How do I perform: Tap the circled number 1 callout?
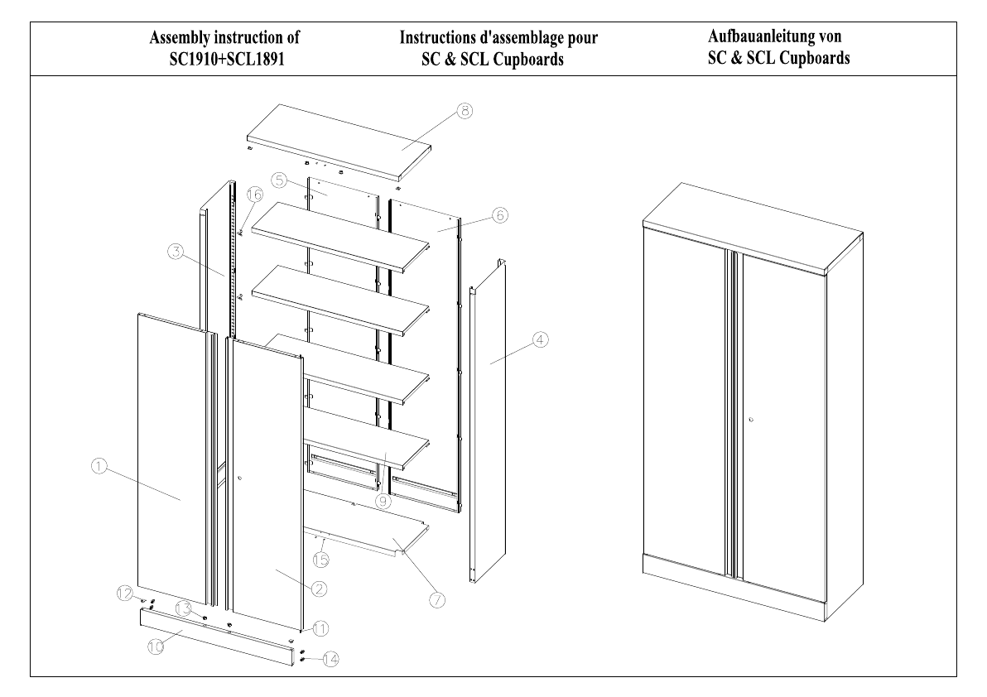click(97, 467)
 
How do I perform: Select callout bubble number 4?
click(539, 339)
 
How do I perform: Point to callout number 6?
click(499, 214)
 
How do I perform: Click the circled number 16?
click(253, 195)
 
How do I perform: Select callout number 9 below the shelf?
click(382, 500)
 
